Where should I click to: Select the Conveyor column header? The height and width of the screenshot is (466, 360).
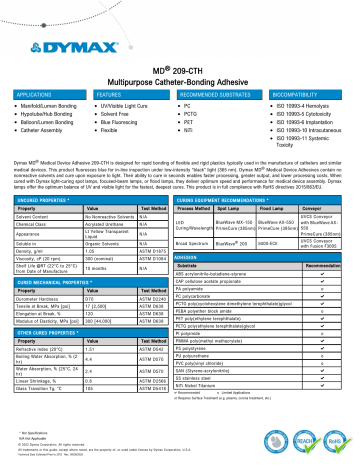pyautogui.click(x=327, y=182)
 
